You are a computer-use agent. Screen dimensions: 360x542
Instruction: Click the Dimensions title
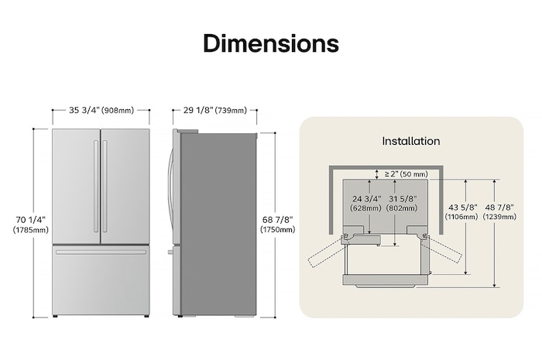click(x=270, y=43)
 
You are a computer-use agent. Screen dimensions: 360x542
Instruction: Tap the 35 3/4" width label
click(x=84, y=110)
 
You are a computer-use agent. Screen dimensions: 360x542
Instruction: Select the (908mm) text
click(x=118, y=110)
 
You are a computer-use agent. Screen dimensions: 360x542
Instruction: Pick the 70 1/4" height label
click(x=30, y=220)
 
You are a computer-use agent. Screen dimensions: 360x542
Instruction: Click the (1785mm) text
click(x=30, y=230)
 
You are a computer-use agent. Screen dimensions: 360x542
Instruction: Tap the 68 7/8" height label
click(x=278, y=220)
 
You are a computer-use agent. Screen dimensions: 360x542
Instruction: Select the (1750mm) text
click(x=278, y=230)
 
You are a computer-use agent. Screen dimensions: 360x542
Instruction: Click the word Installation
click(x=410, y=141)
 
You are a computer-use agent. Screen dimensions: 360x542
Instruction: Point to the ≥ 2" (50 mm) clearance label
click(x=406, y=174)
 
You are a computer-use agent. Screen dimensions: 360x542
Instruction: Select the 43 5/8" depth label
click(x=464, y=207)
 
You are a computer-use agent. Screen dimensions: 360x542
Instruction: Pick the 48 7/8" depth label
click(x=499, y=207)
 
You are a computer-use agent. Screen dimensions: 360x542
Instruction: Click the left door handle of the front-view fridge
click(x=96, y=186)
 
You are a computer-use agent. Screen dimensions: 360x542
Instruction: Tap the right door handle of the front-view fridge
click(x=105, y=186)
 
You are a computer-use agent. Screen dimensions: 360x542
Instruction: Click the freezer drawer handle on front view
click(x=100, y=251)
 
